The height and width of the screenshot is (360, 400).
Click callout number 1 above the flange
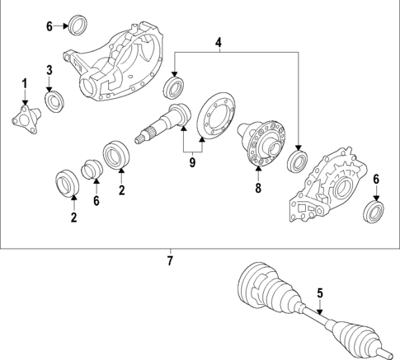pyautogui.click(x=25, y=83)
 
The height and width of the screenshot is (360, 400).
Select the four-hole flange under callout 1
pyautogui.click(x=26, y=119)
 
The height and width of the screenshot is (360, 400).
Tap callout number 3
pyautogui.click(x=49, y=70)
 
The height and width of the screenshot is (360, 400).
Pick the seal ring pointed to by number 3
pyautogui.click(x=54, y=101)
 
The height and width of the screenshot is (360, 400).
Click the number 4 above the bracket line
pyautogui.click(x=219, y=43)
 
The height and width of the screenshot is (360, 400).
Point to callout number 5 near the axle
pyautogui.click(x=320, y=293)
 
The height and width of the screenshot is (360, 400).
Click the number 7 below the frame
pyautogui.click(x=170, y=260)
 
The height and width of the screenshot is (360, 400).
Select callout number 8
pyautogui.click(x=258, y=189)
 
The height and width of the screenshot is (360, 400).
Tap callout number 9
pyautogui.click(x=192, y=162)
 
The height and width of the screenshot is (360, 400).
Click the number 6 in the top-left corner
pyautogui.click(x=49, y=26)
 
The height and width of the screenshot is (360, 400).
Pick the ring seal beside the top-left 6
pyautogui.click(x=78, y=25)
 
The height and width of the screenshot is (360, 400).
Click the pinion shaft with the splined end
pyautogui.click(x=162, y=124)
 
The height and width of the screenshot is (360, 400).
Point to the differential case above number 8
pyautogui.click(x=261, y=143)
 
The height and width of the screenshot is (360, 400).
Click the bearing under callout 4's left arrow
pyautogui.click(x=173, y=87)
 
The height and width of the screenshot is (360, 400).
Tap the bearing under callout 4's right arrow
pyautogui.click(x=298, y=162)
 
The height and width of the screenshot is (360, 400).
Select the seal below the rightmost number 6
pyautogui.click(x=374, y=212)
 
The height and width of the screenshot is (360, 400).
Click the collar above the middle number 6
pyautogui.click(x=92, y=169)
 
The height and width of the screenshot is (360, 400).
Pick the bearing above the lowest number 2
pyautogui.click(x=68, y=184)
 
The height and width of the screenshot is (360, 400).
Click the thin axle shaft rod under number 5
pyautogui.click(x=316, y=316)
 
